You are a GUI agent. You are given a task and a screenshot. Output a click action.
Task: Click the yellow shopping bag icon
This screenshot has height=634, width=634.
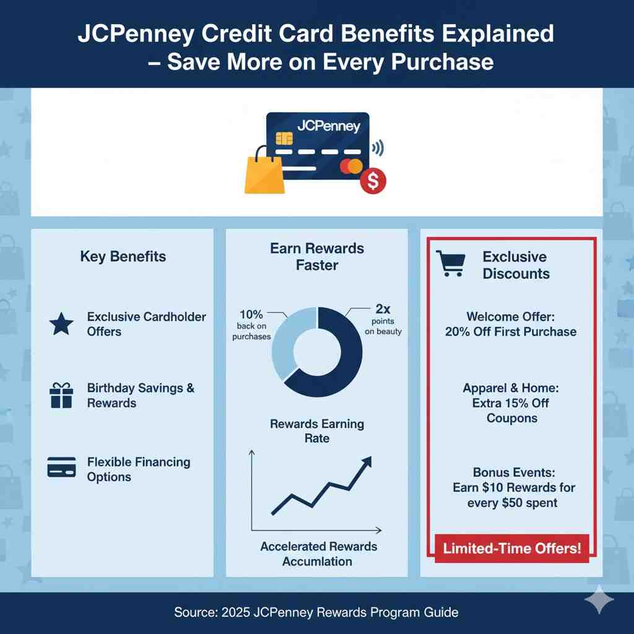tap(265, 173)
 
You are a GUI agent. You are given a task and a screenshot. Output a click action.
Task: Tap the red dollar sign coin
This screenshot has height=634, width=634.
tap(373, 181)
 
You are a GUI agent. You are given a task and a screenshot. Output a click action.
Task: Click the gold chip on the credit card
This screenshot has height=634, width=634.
tap(284, 137)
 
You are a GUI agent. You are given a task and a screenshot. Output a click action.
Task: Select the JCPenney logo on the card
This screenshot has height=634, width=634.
tap(328, 126)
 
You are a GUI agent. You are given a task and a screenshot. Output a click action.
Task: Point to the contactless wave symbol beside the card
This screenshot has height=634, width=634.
tap(377, 148)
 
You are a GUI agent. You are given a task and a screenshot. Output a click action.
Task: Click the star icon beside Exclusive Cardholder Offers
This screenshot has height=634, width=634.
tap(61, 324)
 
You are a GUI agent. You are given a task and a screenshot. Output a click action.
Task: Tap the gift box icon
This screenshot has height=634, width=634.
tap(61, 395)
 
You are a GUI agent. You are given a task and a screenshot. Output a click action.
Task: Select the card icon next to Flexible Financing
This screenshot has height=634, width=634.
tap(61, 466)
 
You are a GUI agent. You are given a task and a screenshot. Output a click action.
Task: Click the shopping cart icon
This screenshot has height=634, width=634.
tap(450, 263)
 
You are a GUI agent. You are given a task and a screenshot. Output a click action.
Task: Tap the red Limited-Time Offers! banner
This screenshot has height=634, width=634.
tap(512, 549)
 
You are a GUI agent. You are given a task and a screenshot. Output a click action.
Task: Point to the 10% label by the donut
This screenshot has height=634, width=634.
tap(251, 314)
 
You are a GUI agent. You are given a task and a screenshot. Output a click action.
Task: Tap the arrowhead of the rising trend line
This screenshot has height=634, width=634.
tap(366, 461)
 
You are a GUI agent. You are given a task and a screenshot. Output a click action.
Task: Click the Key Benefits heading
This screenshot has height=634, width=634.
tap(123, 256)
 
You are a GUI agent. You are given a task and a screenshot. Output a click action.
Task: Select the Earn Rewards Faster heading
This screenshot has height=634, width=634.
tap(317, 257)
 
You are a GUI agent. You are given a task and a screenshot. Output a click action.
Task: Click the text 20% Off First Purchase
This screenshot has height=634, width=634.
tap(511, 331)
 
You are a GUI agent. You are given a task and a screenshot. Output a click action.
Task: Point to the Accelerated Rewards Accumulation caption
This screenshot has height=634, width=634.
tap(318, 554)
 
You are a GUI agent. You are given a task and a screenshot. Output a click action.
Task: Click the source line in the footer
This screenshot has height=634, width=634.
tap(316, 612)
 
